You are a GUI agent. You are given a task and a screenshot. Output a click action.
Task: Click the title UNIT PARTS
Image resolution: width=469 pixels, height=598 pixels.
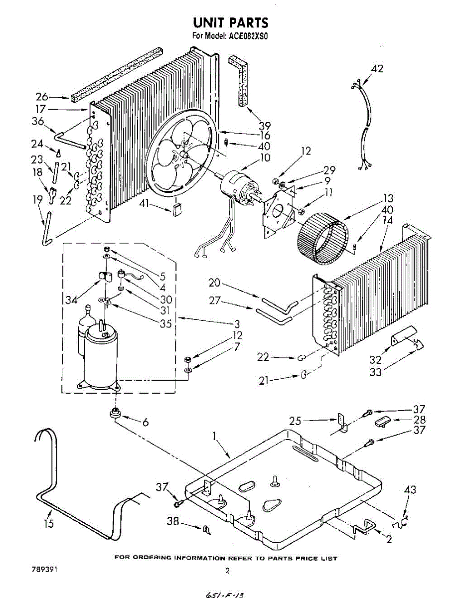[230, 23]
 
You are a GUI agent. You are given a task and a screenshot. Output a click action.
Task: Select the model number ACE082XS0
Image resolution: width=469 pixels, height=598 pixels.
[248, 36]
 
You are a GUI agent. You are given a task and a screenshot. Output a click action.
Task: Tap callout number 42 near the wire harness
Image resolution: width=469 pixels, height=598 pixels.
[377, 69]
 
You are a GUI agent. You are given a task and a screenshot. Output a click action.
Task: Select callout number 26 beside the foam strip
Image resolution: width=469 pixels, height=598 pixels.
[42, 97]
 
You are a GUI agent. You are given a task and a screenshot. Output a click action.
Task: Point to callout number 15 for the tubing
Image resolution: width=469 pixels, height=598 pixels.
[48, 524]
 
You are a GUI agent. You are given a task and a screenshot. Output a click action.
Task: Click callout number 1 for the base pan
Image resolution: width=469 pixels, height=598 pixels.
[215, 437]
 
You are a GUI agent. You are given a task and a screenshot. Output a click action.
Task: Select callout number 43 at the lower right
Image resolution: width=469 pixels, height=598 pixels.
[410, 490]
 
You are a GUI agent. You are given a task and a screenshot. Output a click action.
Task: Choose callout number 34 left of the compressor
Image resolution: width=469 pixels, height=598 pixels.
[71, 299]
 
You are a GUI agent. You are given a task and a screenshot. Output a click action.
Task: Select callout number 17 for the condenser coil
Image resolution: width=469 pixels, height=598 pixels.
[40, 109]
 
